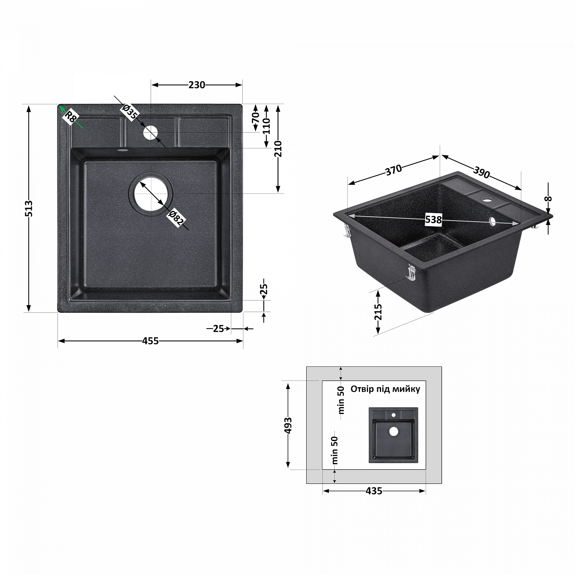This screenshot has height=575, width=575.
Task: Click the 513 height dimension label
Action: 29,209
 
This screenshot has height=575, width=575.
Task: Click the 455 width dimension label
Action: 150,341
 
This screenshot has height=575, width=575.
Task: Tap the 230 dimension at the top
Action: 197,85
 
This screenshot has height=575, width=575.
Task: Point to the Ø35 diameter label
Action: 130,112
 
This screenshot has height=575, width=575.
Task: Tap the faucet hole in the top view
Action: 150,133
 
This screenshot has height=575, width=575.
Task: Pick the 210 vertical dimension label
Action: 278,149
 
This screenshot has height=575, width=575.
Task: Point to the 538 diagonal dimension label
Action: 434,220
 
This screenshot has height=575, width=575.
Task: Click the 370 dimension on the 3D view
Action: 393,169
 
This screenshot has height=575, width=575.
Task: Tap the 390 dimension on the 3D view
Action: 481,173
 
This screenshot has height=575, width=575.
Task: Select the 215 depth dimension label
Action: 378,312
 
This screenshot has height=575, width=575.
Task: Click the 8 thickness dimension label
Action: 549,199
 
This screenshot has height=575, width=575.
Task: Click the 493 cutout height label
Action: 288,426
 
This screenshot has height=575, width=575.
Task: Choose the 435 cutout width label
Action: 374,491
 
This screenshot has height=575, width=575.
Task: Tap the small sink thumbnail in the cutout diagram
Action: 393,435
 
